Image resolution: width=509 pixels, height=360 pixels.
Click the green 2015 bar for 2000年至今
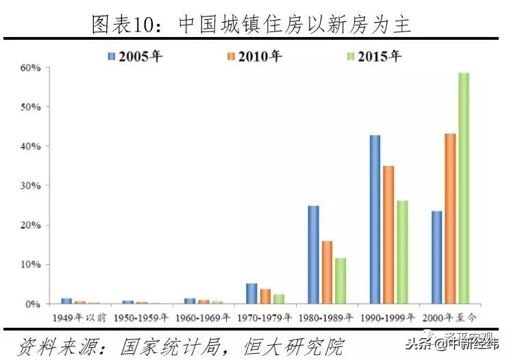click(464, 188)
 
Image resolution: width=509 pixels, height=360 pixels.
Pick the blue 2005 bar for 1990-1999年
click(375, 219)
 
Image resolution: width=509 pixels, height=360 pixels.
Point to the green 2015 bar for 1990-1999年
click(402, 252)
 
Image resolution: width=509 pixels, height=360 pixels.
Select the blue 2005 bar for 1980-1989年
click(313, 254)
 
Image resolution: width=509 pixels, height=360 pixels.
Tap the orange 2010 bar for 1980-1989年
click(327, 272)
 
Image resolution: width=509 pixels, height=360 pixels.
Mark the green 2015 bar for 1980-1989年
click(340, 280)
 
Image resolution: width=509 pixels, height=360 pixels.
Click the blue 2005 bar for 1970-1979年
click(251, 293)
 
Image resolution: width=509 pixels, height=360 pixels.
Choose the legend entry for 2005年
click(134, 56)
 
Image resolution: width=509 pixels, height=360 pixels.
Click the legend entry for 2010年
click(253, 56)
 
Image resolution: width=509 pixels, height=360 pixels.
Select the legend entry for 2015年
click(373, 56)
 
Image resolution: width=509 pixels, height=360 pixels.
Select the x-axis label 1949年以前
click(79, 320)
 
